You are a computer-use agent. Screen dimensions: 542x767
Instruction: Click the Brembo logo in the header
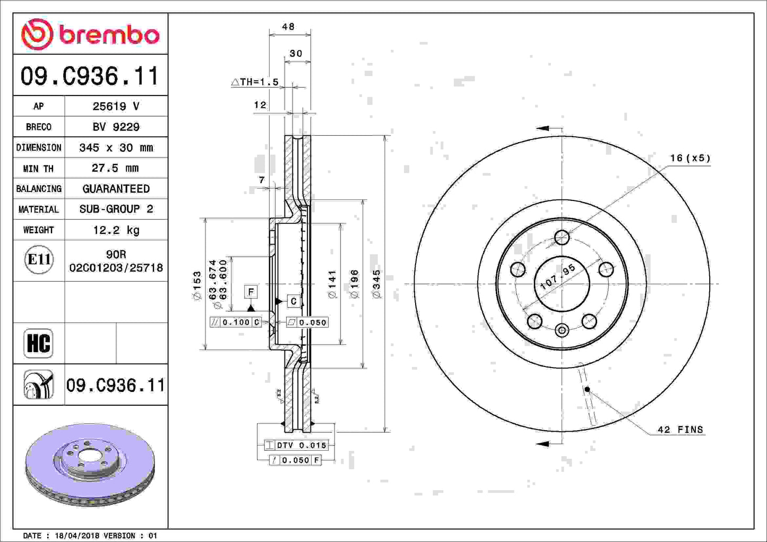(x=90, y=34)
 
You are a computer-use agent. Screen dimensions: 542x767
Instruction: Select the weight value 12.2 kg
(x=116, y=230)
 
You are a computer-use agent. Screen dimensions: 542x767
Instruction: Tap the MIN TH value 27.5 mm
(x=116, y=168)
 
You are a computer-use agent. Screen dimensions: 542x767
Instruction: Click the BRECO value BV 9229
(x=116, y=127)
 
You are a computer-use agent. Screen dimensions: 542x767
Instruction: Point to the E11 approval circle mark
(x=39, y=260)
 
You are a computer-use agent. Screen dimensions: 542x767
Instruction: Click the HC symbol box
(x=38, y=343)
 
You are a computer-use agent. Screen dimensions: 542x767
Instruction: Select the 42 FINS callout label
(x=680, y=430)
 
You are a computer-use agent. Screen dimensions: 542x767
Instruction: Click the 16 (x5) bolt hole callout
(x=690, y=158)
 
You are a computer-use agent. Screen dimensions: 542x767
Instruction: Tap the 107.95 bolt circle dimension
(x=557, y=277)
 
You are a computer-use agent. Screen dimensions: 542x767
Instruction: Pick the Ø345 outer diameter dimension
(x=376, y=284)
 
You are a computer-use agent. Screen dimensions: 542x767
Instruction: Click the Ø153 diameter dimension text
(x=197, y=286)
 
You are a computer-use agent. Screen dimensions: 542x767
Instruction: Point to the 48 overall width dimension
(x=288, y=27)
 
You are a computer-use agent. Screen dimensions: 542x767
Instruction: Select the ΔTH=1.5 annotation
(x=255, y=82)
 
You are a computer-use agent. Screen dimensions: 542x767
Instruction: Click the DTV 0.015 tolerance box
(x=296, y=445)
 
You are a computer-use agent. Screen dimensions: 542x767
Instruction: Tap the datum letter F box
(x=251, y=292)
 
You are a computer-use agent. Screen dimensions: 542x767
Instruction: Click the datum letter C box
(x=294, y=301)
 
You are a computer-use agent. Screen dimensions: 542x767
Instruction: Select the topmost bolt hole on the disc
(x=562, y=237)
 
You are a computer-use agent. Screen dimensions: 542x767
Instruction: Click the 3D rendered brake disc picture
(x=90, y=464)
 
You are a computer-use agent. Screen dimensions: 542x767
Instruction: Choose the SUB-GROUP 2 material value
(x=116, y=209)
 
